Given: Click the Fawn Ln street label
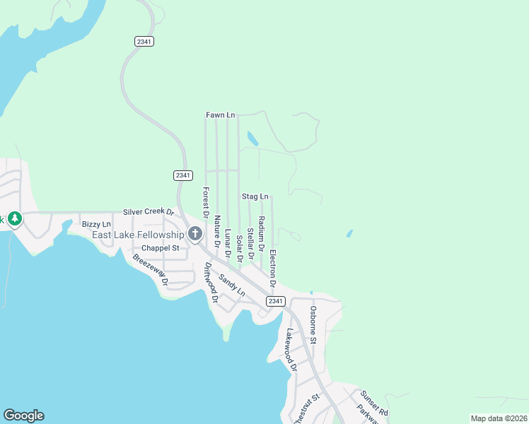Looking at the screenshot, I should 220,114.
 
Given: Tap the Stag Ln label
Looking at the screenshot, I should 255,196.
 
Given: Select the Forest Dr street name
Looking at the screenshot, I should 206,201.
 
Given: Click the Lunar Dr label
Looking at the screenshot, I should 228,242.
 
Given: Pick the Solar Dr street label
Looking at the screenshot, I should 239,248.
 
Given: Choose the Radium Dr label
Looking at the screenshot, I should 262,235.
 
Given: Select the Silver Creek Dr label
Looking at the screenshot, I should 148,211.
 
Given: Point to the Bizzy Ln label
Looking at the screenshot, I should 96,224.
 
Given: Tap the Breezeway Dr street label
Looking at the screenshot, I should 150,269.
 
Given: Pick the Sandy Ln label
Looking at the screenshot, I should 231,285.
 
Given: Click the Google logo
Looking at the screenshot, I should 23,416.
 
